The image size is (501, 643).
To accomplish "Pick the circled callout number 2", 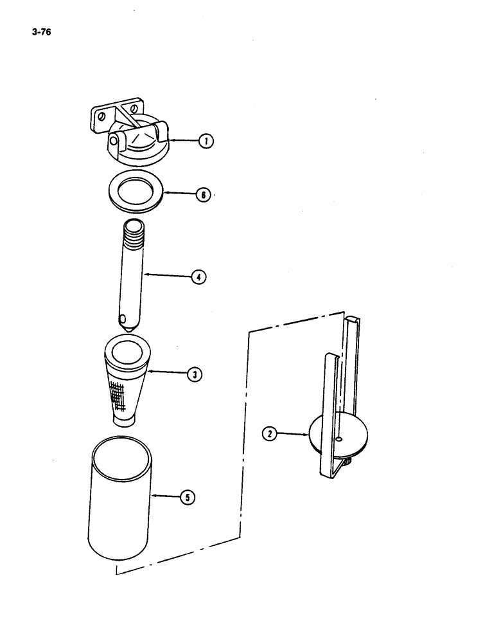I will tap(270, 435).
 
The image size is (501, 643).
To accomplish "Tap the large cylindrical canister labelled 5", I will tap(120, 502).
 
